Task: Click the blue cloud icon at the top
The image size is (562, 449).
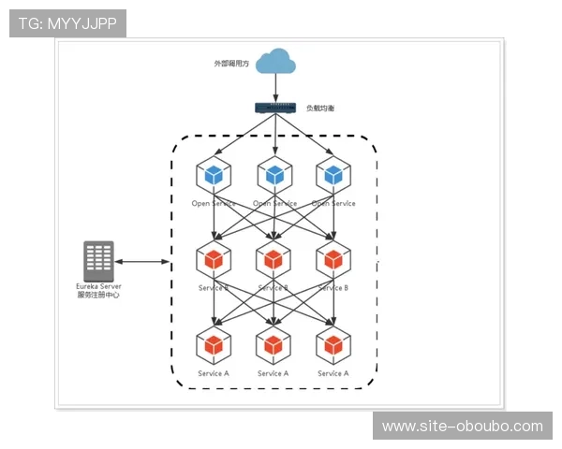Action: click(276, 61)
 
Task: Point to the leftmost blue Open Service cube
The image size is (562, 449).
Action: click(214, 175)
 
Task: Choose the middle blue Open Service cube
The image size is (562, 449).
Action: click(274, 175)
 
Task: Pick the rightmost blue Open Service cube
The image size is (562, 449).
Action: click(333, 175)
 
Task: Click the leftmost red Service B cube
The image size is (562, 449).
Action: click(214, 259)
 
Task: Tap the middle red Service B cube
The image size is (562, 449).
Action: click(274, 259)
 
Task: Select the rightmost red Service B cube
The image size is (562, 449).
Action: click(333, 259)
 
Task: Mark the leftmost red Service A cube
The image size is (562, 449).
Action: click(214, 344)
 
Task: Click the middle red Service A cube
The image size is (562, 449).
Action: click(274, 344)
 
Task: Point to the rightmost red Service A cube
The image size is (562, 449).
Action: click(333, 344)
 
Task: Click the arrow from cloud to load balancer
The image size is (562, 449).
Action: click(276, 87)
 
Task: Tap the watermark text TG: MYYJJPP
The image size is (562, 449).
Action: click(67, 22)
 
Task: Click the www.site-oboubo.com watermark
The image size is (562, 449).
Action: click(462, 427)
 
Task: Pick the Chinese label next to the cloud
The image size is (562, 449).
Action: click(231, 64)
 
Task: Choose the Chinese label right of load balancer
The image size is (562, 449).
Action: click(319, 109)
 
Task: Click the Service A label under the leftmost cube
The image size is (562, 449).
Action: click(214, 373)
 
